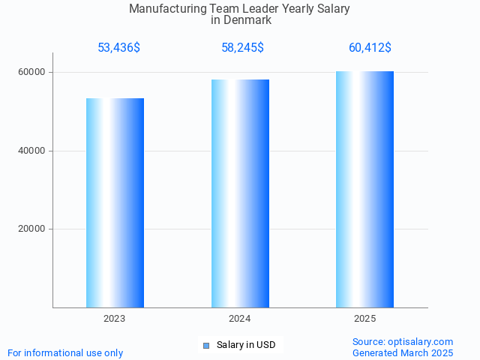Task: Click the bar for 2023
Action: tap(115, 202)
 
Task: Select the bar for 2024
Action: tap(240, 193)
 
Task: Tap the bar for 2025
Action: tap(364, 189)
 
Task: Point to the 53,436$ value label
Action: tap(118, 48)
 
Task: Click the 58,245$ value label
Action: tap(242, 48)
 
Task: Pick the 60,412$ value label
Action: tap(370, 48)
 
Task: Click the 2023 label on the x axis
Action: tap(115, 319)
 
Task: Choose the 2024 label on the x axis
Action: tap(240, 319)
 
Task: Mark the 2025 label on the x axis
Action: tap(364, 319)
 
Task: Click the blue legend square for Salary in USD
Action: tap(206, 346)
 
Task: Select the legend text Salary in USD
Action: tap(246, 345)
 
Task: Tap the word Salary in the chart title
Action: tap(333, 9)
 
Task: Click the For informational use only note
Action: tap(65, 352)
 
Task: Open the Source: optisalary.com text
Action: tap(403, 341)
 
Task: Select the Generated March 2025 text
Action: tap(403, 352)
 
